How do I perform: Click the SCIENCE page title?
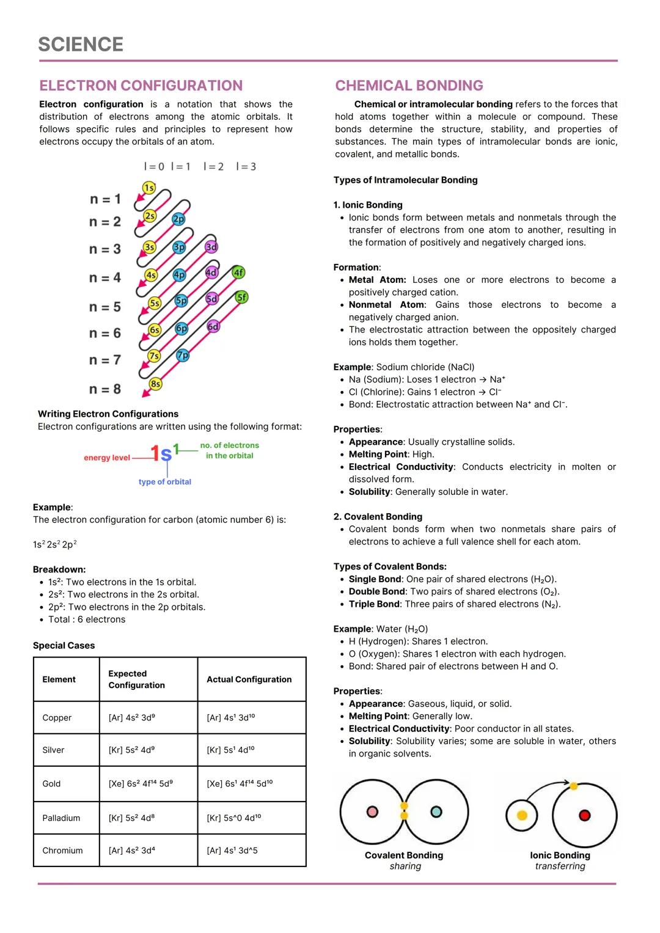click(81, 45)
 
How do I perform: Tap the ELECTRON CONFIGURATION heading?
click(141, 86)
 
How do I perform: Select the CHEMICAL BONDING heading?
click(409, 86)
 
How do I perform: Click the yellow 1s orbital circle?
click(148, 188)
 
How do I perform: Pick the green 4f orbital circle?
click(238, 273)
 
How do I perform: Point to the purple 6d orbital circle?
click(213, 326)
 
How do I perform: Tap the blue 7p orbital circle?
click(182, 355)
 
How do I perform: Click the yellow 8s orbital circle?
click(156, 384)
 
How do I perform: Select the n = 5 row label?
click(105, 307)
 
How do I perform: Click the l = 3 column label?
click(246, 166)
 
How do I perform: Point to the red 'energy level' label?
click(107, 458)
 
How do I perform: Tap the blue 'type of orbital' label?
click(164, 481)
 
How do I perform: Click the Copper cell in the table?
click(57, 717)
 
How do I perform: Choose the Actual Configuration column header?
click(249, 679)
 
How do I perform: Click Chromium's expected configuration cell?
click(131, 850)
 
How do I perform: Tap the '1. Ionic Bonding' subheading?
click(368, 205)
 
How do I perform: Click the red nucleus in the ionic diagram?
click(584, 815)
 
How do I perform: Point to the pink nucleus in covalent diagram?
click(372, 811)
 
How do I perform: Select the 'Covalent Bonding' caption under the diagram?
click(403, 855)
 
